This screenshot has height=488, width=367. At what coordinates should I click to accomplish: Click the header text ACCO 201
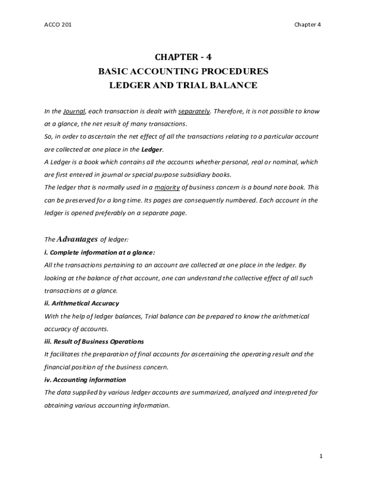coord(58,25)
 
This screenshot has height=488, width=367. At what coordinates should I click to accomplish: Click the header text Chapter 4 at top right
coord(307,25)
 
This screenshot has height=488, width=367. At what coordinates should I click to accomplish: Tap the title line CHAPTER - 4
coord(183,57)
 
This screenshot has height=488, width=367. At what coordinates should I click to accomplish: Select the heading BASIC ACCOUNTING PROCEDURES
coord(183,71)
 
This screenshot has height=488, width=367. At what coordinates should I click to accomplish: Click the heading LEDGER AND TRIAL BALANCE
coord(183,86)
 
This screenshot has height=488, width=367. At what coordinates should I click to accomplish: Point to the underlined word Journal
coord(74,112)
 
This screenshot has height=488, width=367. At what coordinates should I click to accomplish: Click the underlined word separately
coord(194,112)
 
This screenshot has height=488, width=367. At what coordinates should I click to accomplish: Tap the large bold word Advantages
coord(77,239)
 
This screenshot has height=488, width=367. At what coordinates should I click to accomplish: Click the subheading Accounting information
coord(85,380)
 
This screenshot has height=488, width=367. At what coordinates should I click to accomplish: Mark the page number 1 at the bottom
coord(321,457)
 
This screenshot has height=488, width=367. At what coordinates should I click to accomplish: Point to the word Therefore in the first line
coord(228,112)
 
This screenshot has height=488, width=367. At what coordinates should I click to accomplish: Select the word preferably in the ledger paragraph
coord(96,213)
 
